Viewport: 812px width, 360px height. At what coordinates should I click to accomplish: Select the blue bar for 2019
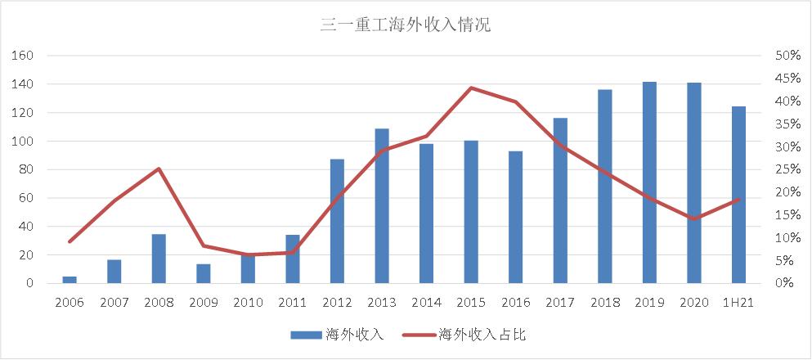pyautogui.click(x=649, y=182)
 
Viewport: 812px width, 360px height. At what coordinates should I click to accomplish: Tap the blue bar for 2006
pyautogui.click(x=70, y=280)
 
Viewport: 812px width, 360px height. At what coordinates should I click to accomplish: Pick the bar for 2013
pyautogui.click(x=382, y=206)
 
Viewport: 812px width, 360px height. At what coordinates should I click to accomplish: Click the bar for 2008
pyautogui.click(x=159, y=259)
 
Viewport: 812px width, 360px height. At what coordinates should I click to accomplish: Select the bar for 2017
pyautogui.click(x=560, y=200)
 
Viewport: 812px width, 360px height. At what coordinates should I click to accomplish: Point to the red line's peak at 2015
pyautogui.click(x=471, y=88)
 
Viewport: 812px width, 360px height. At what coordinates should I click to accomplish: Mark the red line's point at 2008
pyautogui.click(x=159, y=169)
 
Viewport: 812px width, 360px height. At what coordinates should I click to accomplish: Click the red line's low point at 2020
pyautogui.click(x=694, y=219)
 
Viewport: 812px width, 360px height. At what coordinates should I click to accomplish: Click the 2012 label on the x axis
pyautogui.click(x=337, y=303)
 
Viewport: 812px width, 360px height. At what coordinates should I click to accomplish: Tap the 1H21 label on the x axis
pyautogui.click(x=738, y=303)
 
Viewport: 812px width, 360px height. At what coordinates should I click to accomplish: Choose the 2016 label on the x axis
pyautogui.click(x=515, y=303)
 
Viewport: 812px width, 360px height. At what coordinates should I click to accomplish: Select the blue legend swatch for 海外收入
pyautogui.click(x=306, y=334)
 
